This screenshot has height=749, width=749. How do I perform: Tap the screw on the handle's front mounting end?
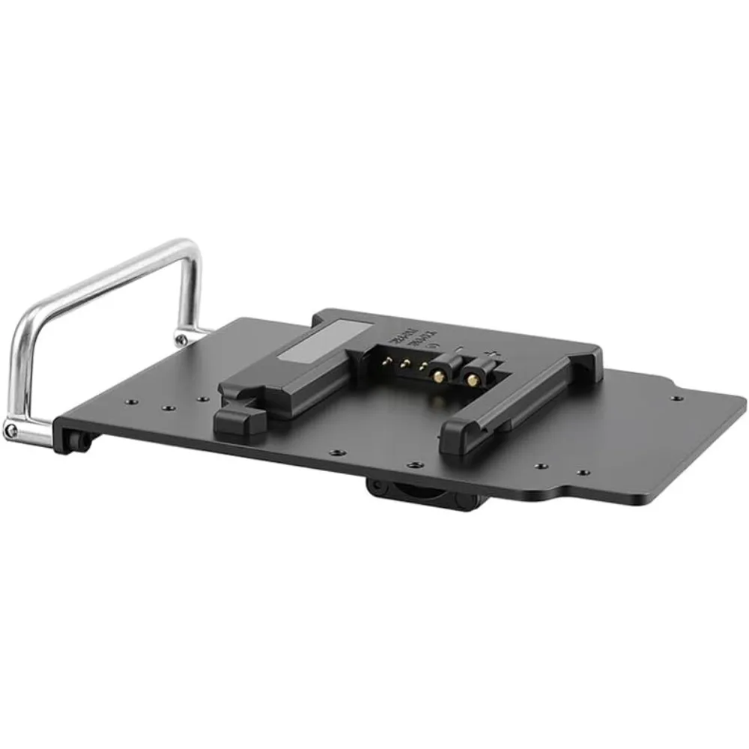tap(10, 430)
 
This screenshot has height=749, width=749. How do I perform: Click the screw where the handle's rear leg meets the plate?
tap(181, 339)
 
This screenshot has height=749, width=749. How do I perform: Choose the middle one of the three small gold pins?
tap(404, 365)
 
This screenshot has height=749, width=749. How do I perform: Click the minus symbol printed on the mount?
tap(458, 346)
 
